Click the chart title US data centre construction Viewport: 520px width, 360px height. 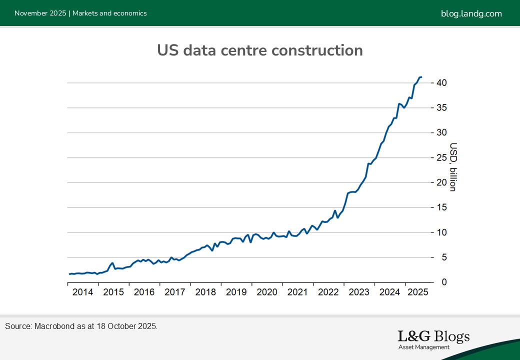[259, 50]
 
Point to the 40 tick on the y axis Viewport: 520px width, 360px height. [440, 82]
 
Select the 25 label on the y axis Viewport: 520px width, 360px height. [440, 157]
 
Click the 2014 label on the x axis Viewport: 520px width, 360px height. [82, 292]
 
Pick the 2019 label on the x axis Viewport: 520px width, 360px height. [236, 292]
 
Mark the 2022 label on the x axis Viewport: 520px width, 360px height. [328, 292]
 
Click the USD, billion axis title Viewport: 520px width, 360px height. [453, 167]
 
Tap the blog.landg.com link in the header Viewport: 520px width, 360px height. [471, 13]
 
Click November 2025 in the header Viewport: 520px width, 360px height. [40, 13]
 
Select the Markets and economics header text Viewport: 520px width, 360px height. [109, 13]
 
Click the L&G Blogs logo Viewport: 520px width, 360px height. [433, 336]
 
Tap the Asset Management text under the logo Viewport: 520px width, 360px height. [424, 347]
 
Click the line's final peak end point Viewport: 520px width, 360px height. [421, 77]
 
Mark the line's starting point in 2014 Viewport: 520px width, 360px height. [69, 274]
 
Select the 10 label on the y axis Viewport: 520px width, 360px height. [440, 232]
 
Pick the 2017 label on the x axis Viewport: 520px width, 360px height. [174, 292]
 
